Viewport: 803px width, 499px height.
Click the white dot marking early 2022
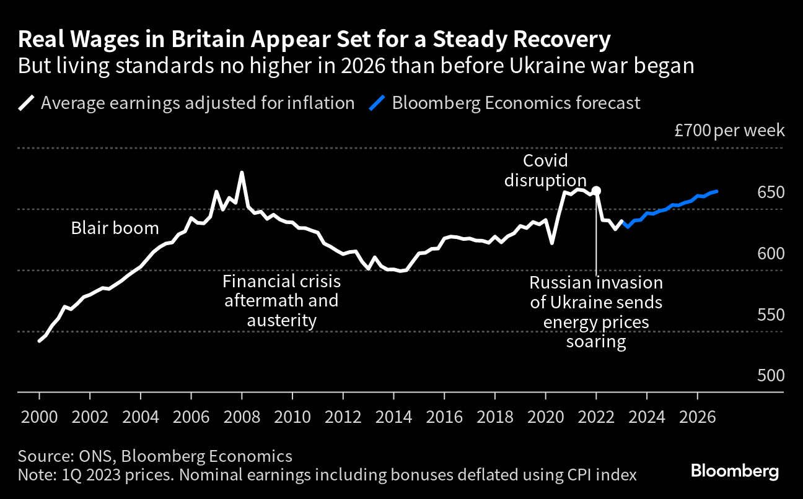[596, 191]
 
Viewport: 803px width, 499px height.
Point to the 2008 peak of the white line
[242, 173]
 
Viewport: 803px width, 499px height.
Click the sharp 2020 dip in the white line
[551, 243]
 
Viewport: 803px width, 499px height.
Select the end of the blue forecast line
[716, 191]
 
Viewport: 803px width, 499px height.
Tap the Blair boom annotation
[115, 228]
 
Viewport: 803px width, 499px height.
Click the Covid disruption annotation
[545, 170]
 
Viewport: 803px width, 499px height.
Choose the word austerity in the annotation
[282, 321]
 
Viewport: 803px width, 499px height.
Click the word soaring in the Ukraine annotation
[596, 342]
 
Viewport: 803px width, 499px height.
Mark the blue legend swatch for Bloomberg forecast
[377, 102]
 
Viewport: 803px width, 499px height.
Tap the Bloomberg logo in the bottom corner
[735, 472]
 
